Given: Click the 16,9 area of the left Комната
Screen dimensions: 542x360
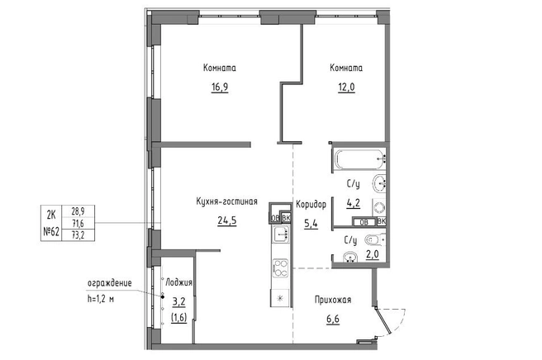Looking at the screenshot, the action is click(220, 87).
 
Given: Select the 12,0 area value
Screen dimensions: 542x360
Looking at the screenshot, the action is click(346, 87).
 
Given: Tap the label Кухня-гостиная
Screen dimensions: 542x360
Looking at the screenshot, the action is click(226, 201).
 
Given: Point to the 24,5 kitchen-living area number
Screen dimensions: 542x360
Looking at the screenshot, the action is click(227, 220).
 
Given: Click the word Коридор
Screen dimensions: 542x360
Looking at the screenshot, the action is click(311, 205).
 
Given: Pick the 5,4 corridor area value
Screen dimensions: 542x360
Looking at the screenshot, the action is click(311, 224).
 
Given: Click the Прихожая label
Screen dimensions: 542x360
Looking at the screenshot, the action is click(333, 300).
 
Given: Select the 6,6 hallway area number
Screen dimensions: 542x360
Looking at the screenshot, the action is click(333, 319).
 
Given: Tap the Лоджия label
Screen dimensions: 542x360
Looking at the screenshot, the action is click(179, 282).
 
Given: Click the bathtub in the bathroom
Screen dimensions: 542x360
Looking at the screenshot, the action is click(360, 159).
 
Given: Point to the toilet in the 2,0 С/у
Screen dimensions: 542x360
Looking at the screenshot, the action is click(375, 239).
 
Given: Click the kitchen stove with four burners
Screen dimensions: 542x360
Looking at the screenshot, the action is click(280, 268).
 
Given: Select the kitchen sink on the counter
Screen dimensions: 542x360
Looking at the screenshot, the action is click(280, 234).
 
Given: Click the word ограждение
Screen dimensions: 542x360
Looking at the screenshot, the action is click(110, 283).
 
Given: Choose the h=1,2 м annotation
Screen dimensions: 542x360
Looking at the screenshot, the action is click(101, 299).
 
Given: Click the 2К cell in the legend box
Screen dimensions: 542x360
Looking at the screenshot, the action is click(51, 216).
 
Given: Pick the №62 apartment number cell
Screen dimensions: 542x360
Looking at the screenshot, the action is click(51, 232).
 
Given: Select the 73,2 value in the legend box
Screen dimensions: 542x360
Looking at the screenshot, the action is click(78, 235).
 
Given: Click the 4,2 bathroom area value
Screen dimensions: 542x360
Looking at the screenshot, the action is click(354, 203).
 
